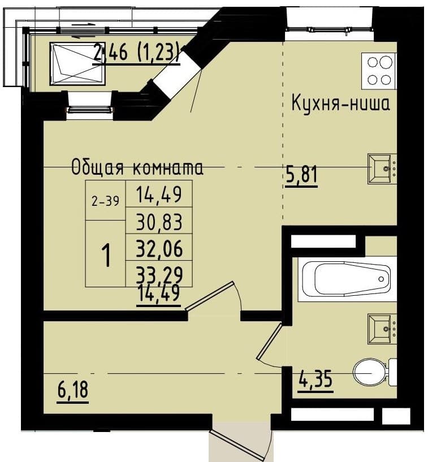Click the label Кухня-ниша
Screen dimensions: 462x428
coord(340,103)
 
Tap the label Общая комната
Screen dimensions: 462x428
coord(137,168)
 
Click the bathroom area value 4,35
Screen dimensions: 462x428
coord(315,380)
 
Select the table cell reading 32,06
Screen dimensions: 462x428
coord(159,248)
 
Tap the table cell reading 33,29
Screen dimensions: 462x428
coord(159,274)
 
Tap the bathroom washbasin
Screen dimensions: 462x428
coord(382,329)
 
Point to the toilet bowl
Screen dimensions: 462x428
coord(374,373)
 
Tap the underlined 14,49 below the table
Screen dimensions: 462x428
coord(159,294)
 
